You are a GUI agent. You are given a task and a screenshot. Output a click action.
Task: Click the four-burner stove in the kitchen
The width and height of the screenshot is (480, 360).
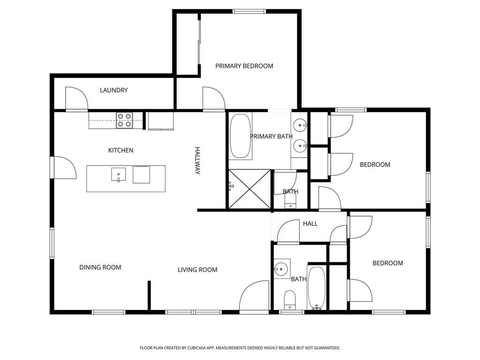(x=124, y=120)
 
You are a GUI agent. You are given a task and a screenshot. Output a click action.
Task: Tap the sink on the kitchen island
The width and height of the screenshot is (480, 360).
(x=119, y=174)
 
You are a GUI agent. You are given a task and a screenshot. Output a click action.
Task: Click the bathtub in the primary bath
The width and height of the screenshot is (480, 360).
(x=240, y=136)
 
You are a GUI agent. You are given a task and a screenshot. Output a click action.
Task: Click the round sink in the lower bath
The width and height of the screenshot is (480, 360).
(x=281, y=269)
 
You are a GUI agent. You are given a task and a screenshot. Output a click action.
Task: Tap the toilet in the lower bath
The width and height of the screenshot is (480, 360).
(x=290, y=300)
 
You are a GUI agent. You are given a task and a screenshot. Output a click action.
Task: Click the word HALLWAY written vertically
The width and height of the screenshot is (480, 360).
(x=197, y=161)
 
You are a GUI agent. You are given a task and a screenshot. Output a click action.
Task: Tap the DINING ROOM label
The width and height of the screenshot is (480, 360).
(x=100, y=267)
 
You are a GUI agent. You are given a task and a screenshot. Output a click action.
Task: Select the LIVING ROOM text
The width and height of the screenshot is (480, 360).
(x=197, y=270)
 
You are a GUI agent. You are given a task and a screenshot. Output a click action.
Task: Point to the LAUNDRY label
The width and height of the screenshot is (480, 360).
(x=113, y=90)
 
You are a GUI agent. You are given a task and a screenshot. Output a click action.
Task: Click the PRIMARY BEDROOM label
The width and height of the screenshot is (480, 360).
(x=244, y=66)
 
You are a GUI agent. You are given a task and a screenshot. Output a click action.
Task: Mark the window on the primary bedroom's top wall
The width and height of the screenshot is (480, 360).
(x=249, y=11)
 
